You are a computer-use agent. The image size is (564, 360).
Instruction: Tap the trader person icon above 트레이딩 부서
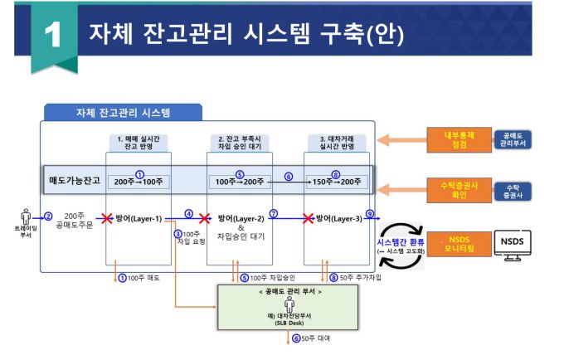click(x=25, y=217)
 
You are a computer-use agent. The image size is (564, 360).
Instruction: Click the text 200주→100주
click(x=139, y=182)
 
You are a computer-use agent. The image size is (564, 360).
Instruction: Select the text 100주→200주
click(x=239, y=182)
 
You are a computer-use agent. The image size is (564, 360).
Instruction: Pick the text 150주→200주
click(x=335, y=182)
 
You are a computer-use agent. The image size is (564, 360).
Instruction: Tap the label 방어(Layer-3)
click(x=338, y=218)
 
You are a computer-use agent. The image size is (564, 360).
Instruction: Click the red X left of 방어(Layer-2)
click(x=204, y=218)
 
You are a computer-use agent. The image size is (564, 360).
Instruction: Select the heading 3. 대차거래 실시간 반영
click(x=337, y=142)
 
